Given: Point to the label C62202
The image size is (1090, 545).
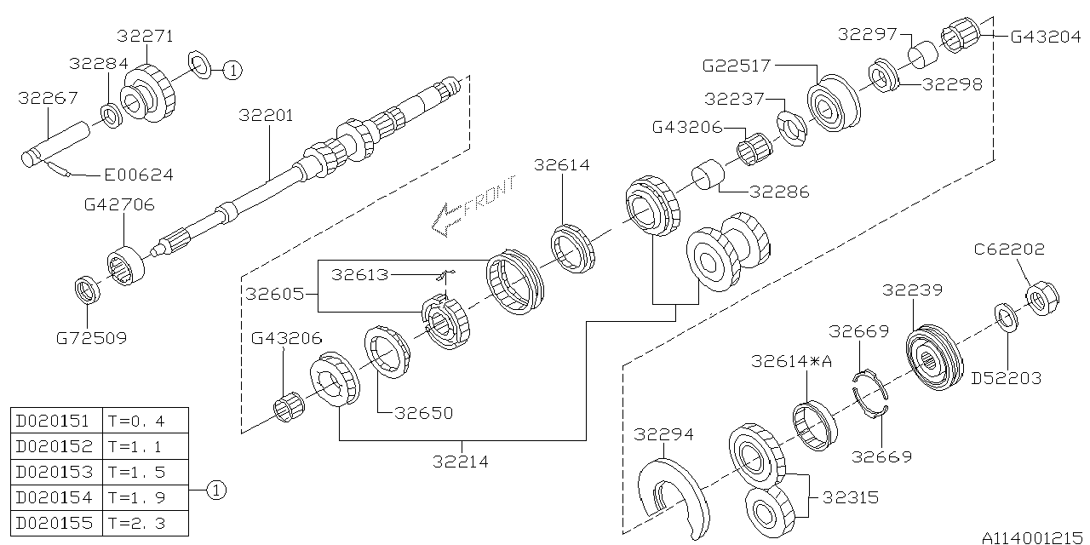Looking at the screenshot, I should [1009, 250].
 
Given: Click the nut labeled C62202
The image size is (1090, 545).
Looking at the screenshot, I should [1037, 299].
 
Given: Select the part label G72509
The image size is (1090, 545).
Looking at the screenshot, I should [91, 338].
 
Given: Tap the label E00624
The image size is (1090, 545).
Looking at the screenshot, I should [138, 175].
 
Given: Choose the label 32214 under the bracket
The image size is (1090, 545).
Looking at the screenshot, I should [460, 462].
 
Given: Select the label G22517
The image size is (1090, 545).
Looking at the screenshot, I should [736, 65].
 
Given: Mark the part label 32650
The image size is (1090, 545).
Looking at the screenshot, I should [424, 413].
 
